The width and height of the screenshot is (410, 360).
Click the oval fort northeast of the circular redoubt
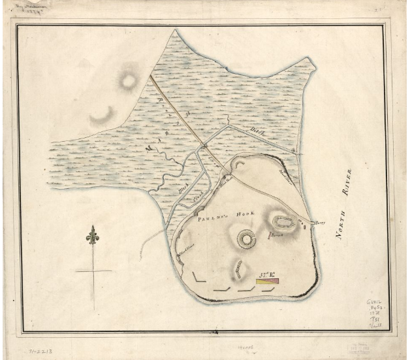pos(284,222)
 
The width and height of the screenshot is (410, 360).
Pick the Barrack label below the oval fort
pos(276,233)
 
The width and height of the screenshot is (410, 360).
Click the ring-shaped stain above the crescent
pos(126,81)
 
